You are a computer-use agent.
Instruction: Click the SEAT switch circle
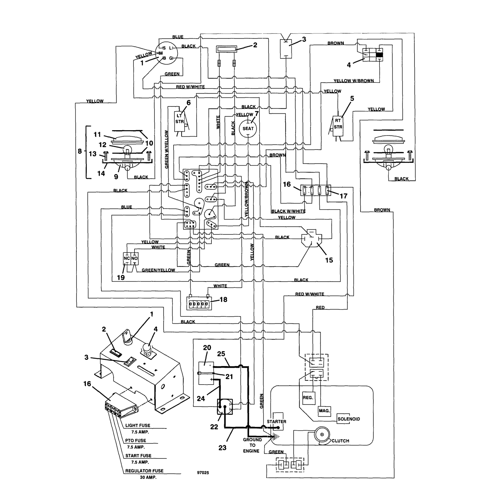[x=248, y=129]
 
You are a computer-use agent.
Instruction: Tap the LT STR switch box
[x=179, y=121]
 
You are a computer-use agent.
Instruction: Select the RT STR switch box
[x=338, y=126]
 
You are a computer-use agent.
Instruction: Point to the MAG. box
[x=324, y=411]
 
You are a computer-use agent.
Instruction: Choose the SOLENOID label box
[x=349, y=419]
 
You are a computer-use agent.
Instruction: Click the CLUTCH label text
[x=340, y=441]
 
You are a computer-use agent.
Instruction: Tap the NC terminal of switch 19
[x=127, y=258]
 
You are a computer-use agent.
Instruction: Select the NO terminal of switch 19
[x=134, y=258]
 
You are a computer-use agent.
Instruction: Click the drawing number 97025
[x=203, y=473]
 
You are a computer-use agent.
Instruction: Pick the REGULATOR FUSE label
[x=144, y=471]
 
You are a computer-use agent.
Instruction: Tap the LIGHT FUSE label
[x=138, y=425]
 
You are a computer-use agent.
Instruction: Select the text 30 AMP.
[x=148, y=477]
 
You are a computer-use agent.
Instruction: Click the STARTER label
[x=277, y=421]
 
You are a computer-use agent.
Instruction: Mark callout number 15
[x=329, y=260]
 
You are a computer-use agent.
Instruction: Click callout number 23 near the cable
[x=222, y=448]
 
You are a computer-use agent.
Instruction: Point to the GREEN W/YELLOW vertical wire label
[x=167, y=149]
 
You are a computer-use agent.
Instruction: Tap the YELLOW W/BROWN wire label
[x=353, y=80]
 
